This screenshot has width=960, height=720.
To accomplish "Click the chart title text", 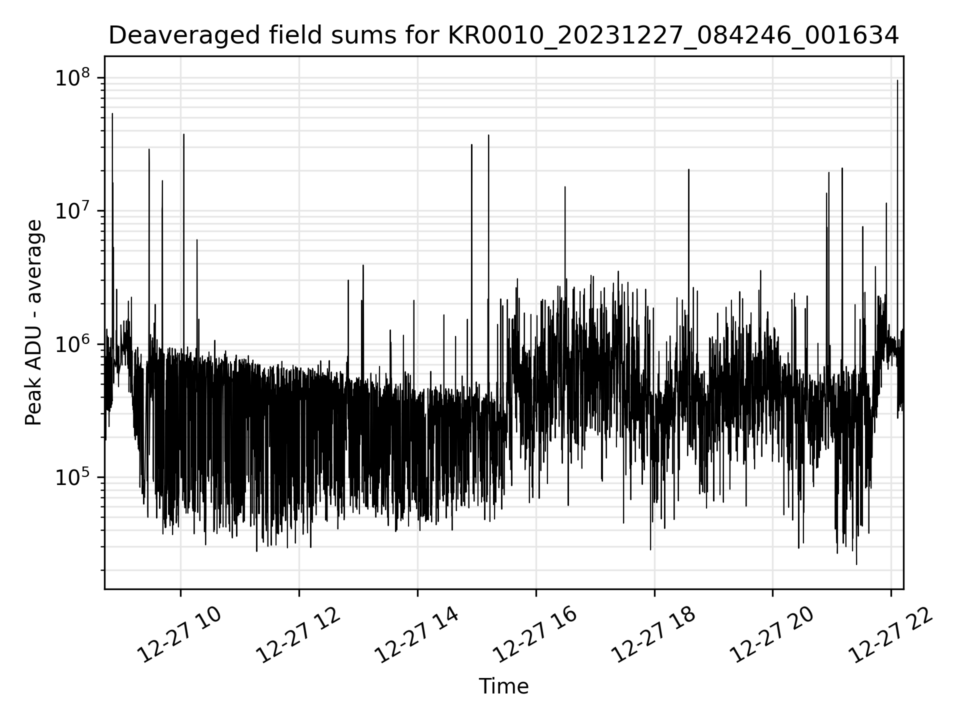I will click(503, 35).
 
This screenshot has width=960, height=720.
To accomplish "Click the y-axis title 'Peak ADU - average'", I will click(33, 323).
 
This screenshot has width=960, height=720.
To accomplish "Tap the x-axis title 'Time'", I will click(503, 686).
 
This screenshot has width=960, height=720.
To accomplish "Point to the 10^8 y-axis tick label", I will click(73, 78).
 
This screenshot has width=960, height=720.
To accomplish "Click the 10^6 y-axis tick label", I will click(73, 344).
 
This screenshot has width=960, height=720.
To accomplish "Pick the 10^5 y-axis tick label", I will click(73, 477).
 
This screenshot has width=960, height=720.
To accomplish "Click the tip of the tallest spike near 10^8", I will click(897, 80).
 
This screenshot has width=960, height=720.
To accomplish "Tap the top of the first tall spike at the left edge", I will click(112, 114).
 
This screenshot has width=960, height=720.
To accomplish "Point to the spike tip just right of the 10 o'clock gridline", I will click(184, 134).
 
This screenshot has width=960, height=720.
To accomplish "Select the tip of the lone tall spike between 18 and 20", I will click(688, 169).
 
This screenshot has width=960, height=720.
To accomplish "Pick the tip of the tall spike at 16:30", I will click(565, 187).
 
